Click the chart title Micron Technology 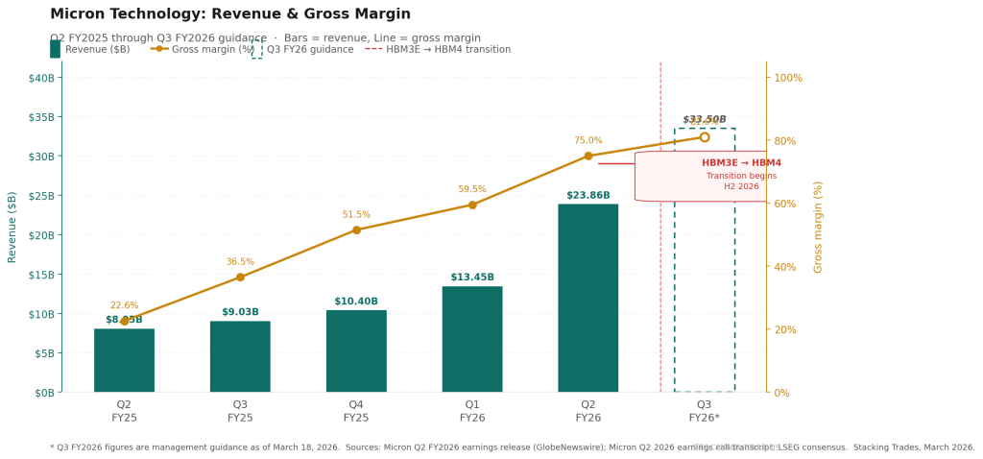click(230, 14)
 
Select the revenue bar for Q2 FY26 click(587, 298)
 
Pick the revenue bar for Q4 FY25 click(356, 350)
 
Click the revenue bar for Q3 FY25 click(240, 356)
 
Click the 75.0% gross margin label click(588, 140)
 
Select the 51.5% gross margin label click(356, 215)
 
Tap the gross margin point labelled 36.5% click(240, 278)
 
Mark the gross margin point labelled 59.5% click(472, 205)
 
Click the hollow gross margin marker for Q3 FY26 click(705, 137)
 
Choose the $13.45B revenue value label click(472, 278)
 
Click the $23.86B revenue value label click(587, 196)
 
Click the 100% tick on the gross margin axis click(788, 77)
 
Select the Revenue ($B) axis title click(12, 227)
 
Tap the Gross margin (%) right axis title click(819, 227)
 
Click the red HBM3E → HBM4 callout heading click(741, 163)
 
